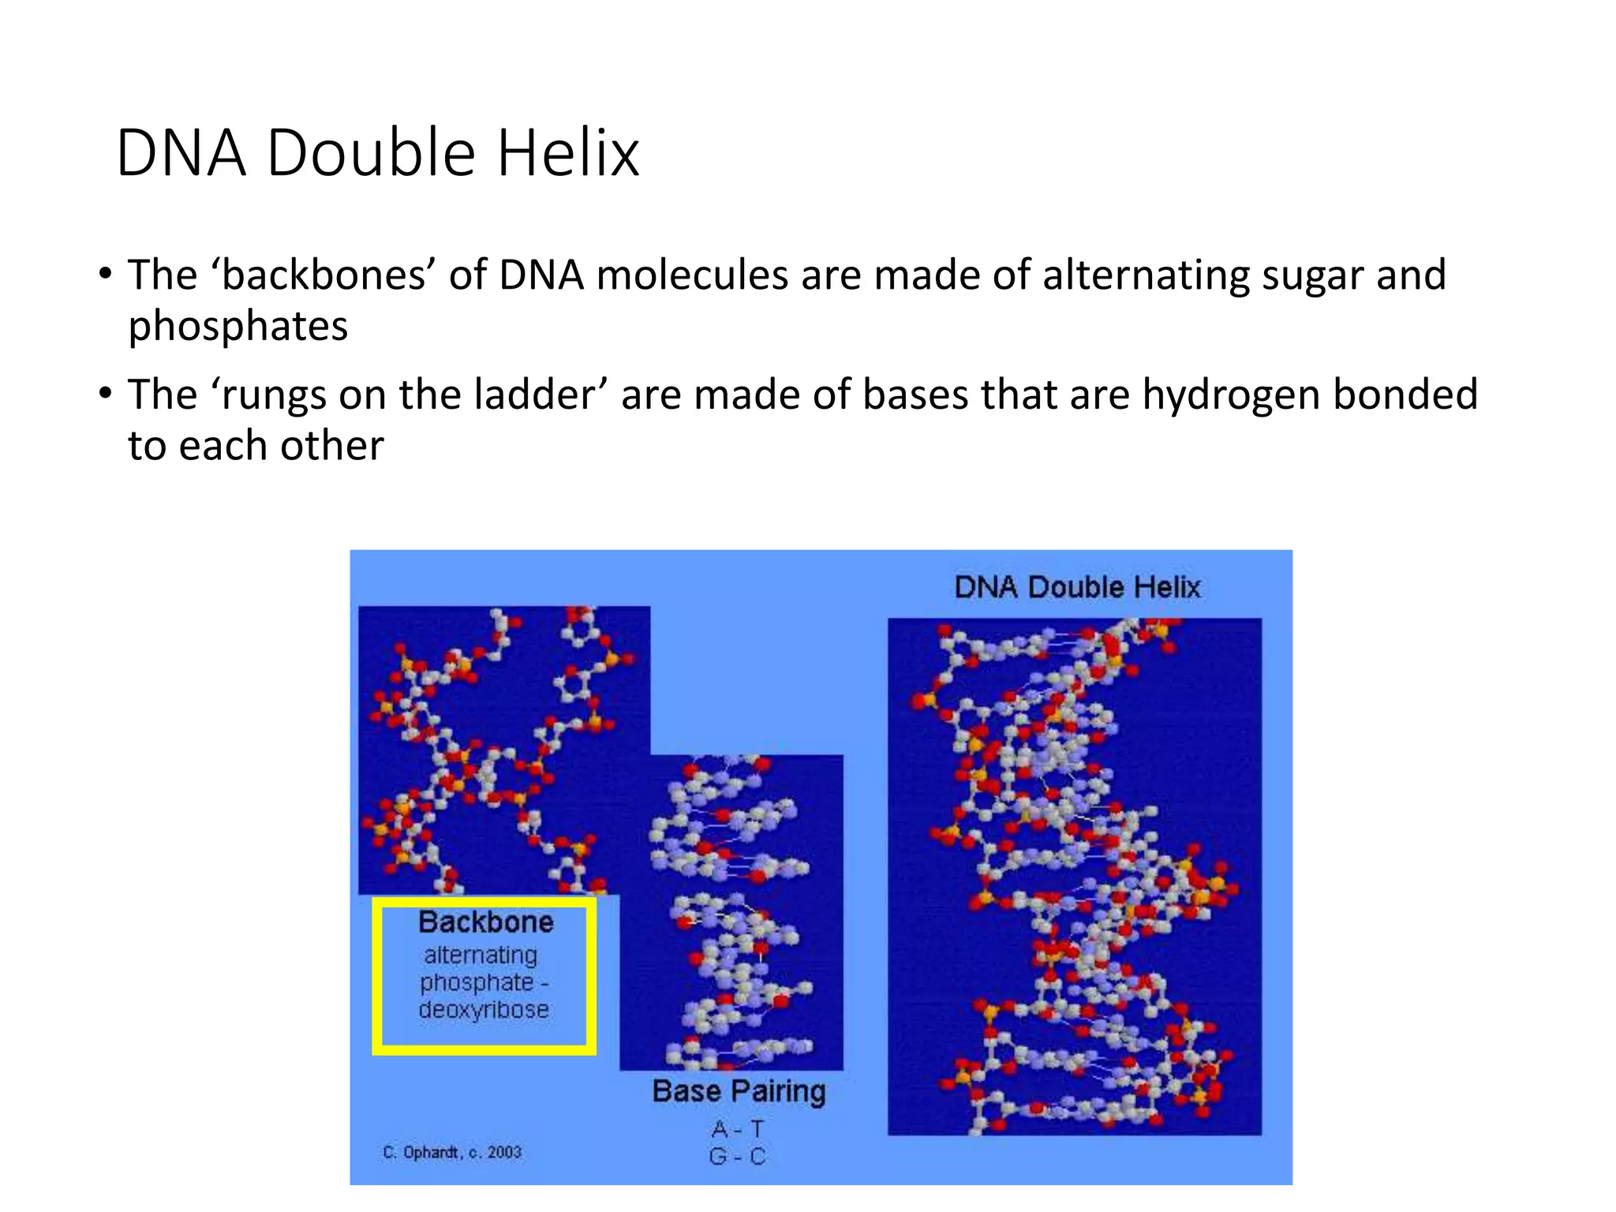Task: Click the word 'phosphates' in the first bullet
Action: [238, 327]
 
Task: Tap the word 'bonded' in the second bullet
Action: [1405, 395]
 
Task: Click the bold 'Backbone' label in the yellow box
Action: [485, 922]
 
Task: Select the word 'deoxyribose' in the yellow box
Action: [484, 1010]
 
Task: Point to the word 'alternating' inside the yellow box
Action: [481, 956]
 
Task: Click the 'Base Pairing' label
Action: [739, 1091]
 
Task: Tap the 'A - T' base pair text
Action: [738, 1128]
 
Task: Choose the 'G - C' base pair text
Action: [738, 1157]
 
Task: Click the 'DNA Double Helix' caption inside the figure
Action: [1077, 587]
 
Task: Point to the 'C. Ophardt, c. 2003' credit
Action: [452, 1152]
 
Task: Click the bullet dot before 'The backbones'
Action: [105, 275]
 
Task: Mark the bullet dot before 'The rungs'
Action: [105, 394]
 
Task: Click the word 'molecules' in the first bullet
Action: [692, 275]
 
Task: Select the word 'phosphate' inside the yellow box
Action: [477, 983]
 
